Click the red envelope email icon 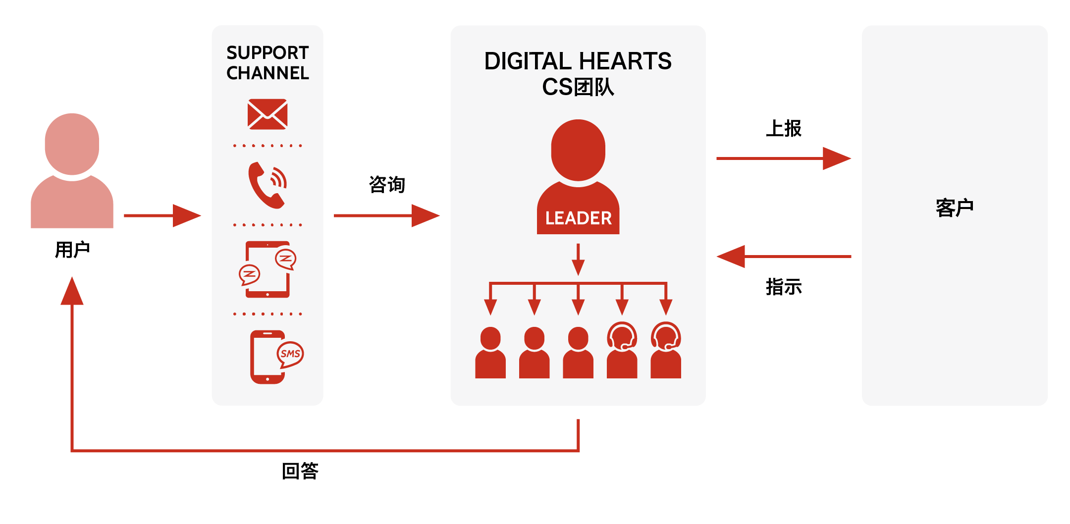click(x=267, y=114)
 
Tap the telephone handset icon click(x=266, y=185)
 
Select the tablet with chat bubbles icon click(x=267, y=269)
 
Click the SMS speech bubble click(x=290, y=354)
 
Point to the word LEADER click(x=578, y=218)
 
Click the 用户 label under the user click(x=72, y=250)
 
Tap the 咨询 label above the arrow click(x=387, y=184)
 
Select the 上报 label click(x=784, y=128)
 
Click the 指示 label click(x=784, y=287)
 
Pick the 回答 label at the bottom click(x=300, y=471)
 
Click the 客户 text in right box click(x=955, y=208)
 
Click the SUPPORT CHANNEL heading click(x=267, y=63)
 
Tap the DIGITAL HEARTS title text click(x=578, y=61)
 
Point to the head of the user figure click(x=72, y=144)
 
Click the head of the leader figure click(x=578, y=150)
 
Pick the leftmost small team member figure click(x=490, y=353)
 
